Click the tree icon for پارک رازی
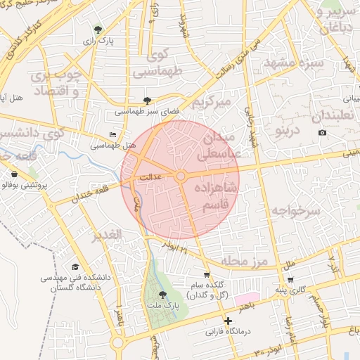click(98, 30)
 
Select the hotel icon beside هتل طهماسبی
click(113, 134)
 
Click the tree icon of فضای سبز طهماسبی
click(147, 101)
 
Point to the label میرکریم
click(212, 103)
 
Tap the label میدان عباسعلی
click(222, 145)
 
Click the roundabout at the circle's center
click(181, 176)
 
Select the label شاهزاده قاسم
click(220, 197)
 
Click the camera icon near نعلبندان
click(322, 133)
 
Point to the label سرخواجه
click(296, 210)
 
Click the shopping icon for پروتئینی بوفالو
click(14, 174)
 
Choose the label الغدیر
click(108, 233)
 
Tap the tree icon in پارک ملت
click(163, 295)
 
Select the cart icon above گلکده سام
click(206, 275)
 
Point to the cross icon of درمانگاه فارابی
click(228, 321)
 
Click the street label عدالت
click(151, 179)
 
